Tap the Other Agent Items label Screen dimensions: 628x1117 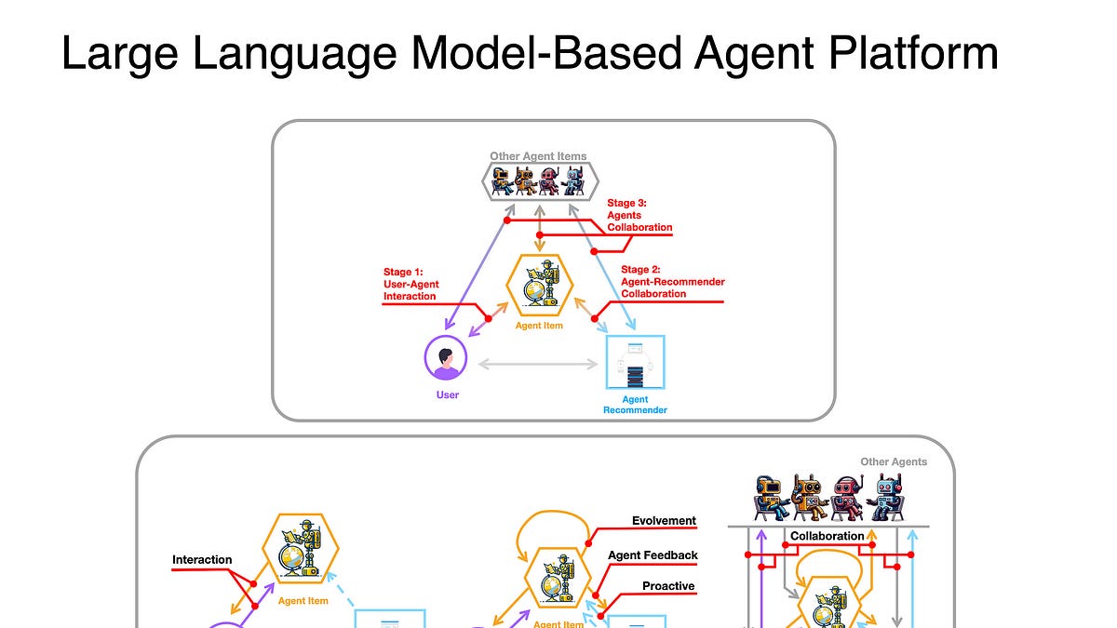(x=538, y=156)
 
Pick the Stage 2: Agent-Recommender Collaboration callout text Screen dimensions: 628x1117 (x=672, y=281)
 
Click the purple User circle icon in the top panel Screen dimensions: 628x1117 (x=446, y=358)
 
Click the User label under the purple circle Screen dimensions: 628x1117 (x=447, y=394)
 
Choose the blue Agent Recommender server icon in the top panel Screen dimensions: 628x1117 (x=635, y=363)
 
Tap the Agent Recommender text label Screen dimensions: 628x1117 (x=635, y=405)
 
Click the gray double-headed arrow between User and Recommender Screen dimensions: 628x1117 (x=538, y=364)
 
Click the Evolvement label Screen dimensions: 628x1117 (x=664, y=521)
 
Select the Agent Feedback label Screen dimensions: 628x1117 (x=653, y=555)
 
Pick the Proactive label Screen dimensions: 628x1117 (x=668, y=586)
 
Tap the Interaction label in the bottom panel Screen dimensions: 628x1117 (x=202, y=560)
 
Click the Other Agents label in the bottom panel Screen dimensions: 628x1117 (x=894, y=461)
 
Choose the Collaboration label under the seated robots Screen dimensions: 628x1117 (x=827, y=536)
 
